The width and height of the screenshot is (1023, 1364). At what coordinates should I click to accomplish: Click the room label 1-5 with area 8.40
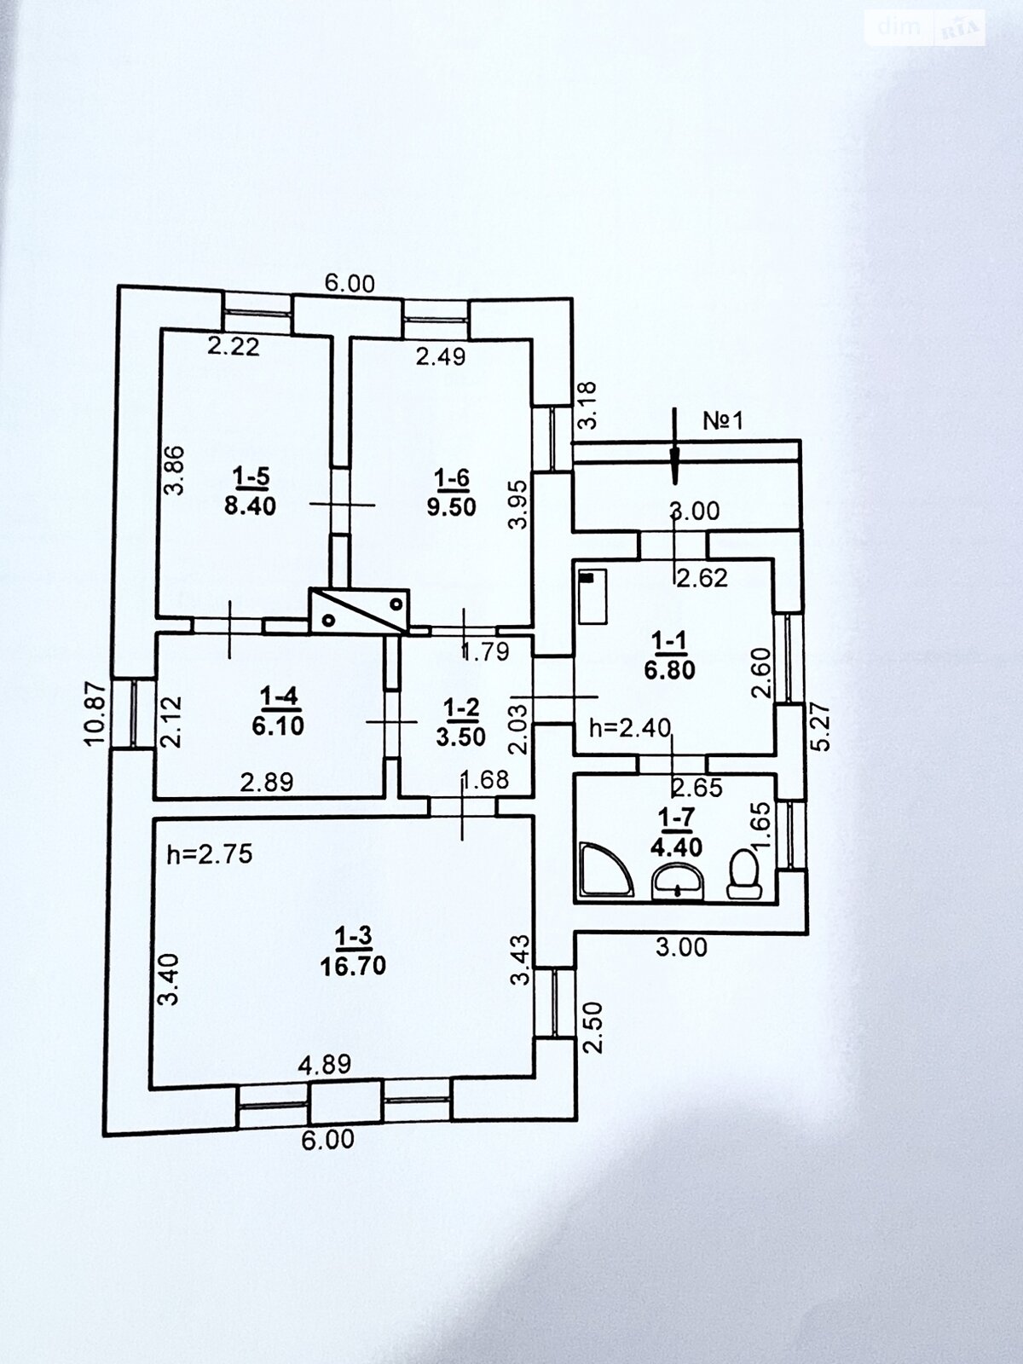[249, 491]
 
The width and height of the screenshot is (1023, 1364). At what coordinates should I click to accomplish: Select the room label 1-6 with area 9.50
[451, 492]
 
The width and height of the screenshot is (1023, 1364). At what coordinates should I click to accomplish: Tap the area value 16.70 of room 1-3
[353, 965]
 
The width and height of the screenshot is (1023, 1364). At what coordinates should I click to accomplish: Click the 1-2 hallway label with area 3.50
[460, 721]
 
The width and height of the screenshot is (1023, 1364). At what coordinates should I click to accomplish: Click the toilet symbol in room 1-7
[744, 873]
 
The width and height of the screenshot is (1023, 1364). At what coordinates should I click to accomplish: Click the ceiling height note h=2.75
[210, 854]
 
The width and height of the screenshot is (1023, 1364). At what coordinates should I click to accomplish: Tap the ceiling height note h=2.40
[631, 727]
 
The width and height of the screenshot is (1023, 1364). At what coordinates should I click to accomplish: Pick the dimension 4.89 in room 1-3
[324, 1063]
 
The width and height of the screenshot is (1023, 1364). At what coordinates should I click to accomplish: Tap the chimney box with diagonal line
[359, 610]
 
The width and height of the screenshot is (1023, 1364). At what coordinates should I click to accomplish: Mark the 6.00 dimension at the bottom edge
[328, 1139]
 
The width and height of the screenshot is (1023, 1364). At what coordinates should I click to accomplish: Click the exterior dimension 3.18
[587, 406]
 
